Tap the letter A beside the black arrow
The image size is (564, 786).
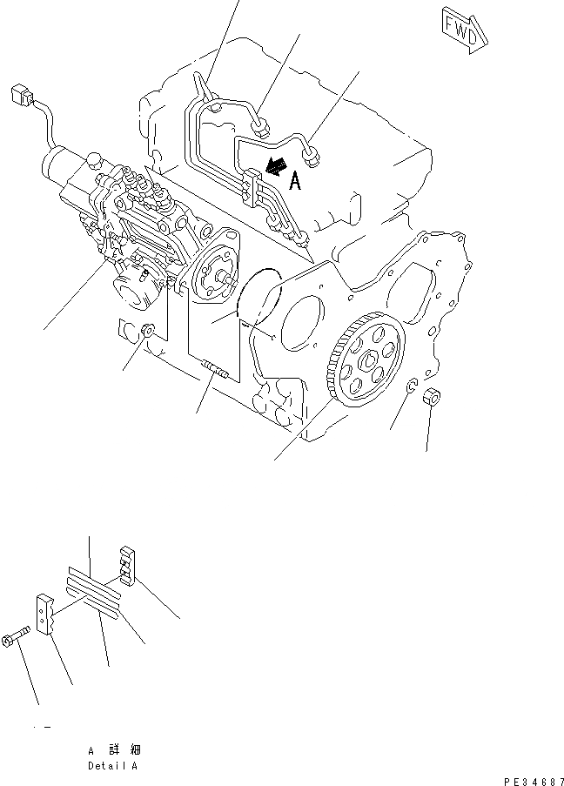(x=295, y=181)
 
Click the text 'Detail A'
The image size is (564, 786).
(x=112, y=767)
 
